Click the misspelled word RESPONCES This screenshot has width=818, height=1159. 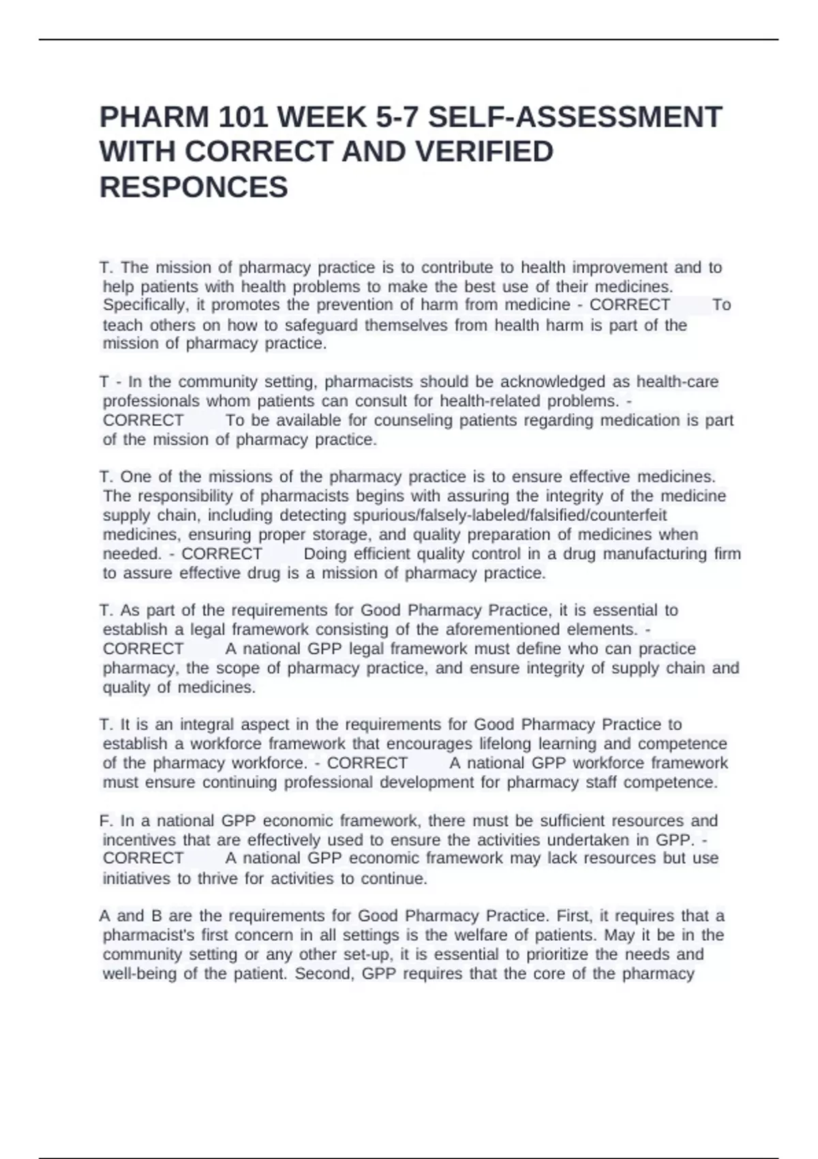(194, 187)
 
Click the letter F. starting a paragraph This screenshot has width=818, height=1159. (106, 821)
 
